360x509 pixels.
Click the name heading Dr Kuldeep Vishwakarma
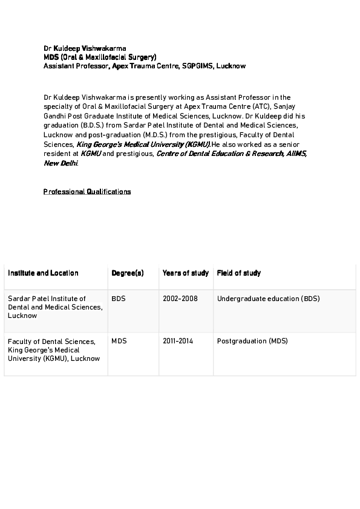tap(85, 47)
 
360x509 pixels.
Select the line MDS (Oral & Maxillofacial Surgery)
tap(100, 56)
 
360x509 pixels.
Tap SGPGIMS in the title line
tap(198, 65)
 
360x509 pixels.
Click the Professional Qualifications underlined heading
tap(87, 192)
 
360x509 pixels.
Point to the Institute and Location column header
tap(43, 273)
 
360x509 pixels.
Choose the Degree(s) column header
tap(128, 273)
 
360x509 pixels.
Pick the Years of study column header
tap(186, 273)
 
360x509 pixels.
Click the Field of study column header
tap(239, 273)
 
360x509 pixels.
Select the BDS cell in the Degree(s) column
tap(119, 299)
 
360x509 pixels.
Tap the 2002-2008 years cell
tap(180, 299)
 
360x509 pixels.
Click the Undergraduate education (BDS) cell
tap(269, 299)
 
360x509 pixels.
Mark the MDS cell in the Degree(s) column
tap(119, 341)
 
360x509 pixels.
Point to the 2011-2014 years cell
tap(178, 341)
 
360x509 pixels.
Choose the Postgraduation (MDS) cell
tap(252, 341)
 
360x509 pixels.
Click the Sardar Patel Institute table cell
tap(55, 307)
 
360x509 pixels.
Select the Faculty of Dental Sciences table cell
tap(54, 349)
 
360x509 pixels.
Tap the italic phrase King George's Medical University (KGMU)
tap(143, 145)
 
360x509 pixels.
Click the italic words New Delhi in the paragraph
tap(61, 163)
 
